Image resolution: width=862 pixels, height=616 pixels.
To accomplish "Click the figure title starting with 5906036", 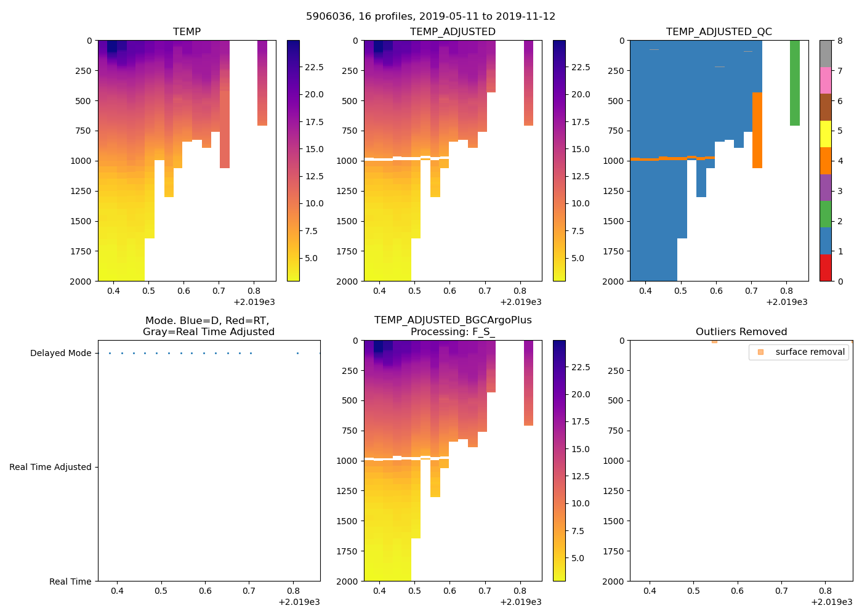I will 430,17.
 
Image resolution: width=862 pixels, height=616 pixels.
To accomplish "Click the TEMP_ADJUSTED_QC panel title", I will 719,31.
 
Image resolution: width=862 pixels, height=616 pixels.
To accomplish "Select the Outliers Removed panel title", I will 741,331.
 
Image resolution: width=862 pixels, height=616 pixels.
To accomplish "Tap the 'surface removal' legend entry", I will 810,352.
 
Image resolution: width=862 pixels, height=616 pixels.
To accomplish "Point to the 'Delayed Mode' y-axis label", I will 60,353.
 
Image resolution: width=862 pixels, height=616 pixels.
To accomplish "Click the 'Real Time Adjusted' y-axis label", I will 50,467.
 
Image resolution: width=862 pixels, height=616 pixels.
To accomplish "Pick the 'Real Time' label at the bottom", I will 70,582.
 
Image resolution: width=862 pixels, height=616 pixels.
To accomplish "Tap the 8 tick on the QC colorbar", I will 840,41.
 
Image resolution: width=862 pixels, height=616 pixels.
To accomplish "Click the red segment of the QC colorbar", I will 825,268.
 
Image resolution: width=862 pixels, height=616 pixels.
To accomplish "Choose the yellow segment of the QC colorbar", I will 825,134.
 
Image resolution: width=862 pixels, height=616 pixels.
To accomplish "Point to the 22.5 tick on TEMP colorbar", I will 314,67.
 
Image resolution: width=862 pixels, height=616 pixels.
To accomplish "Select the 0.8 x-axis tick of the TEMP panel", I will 254,291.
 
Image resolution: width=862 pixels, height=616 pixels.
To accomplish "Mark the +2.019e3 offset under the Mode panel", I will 299,602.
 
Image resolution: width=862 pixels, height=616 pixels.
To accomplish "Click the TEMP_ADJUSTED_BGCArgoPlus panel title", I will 453,326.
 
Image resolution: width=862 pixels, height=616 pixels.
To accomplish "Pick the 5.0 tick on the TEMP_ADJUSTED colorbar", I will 580,258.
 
